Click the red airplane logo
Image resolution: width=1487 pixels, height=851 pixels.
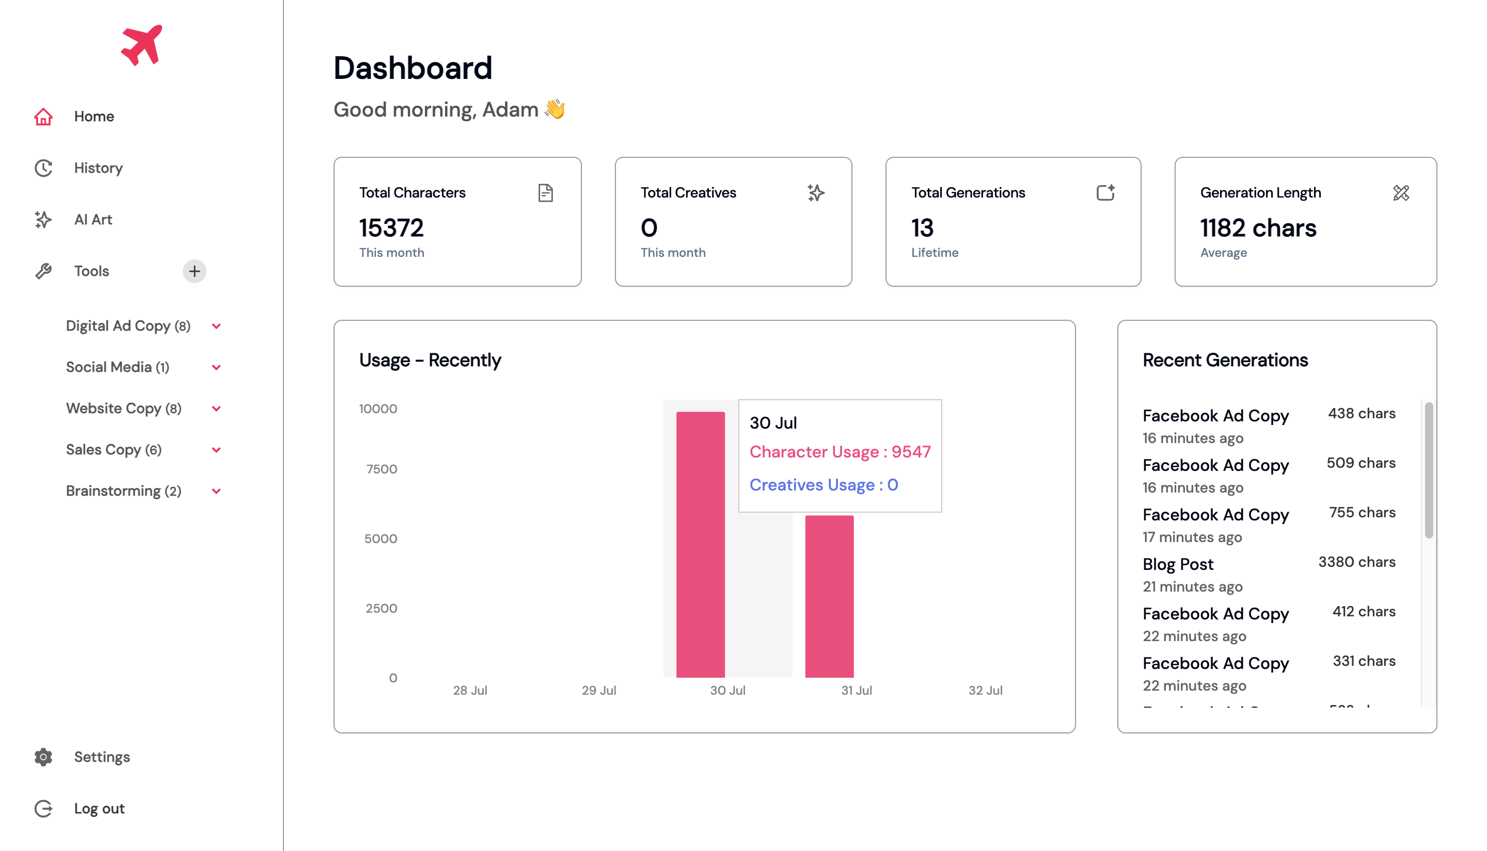tap(141, 45)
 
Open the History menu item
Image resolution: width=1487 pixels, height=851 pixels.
tap(98, 168)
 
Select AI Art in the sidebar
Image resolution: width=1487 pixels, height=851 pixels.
tap(92, 220)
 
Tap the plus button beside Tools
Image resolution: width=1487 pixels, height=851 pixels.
tap(194, 271)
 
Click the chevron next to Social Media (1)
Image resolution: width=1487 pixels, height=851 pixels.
tap(216, 368)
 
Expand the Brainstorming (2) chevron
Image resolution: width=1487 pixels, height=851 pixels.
tap(216, 491)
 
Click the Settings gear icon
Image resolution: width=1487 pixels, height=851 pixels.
tap(43, 757)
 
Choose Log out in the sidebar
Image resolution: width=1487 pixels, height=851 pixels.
tap(99, 808)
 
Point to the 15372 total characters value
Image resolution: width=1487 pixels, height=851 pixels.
tap(391, 228)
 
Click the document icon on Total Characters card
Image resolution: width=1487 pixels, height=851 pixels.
tap(545, 193)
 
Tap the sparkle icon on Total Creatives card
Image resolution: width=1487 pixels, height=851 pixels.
tap(815, 193)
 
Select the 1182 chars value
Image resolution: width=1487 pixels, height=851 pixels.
tap(1258, 228)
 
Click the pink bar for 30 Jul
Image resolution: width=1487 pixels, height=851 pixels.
tap(700, 544)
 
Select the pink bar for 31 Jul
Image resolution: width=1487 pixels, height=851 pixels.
tap(829, 596)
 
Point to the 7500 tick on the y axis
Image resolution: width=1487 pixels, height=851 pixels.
tap(382, 469)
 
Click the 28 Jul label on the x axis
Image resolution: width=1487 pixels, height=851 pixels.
tap(470, 690)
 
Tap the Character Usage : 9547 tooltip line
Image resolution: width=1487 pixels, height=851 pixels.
tap(840, 452)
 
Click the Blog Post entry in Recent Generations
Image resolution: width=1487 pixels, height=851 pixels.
tap(1178, 564)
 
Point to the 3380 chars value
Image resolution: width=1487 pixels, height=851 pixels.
tap(1356, 562)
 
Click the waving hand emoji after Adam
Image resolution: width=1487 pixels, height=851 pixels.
tap(555, 109)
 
